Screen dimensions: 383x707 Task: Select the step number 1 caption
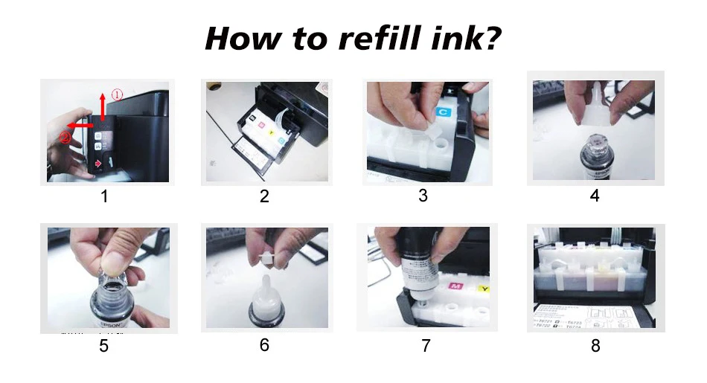(x=104, y=196)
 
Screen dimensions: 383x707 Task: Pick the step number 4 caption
(x=595, y=196)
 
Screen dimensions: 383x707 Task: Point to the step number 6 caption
(x=264, y=345)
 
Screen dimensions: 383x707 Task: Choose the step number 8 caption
(x=595, y=345)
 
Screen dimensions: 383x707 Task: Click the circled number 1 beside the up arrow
(x=117, y=94)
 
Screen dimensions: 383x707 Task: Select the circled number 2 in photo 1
(x=66, y=138)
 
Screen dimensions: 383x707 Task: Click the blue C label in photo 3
(x=442, y=112)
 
